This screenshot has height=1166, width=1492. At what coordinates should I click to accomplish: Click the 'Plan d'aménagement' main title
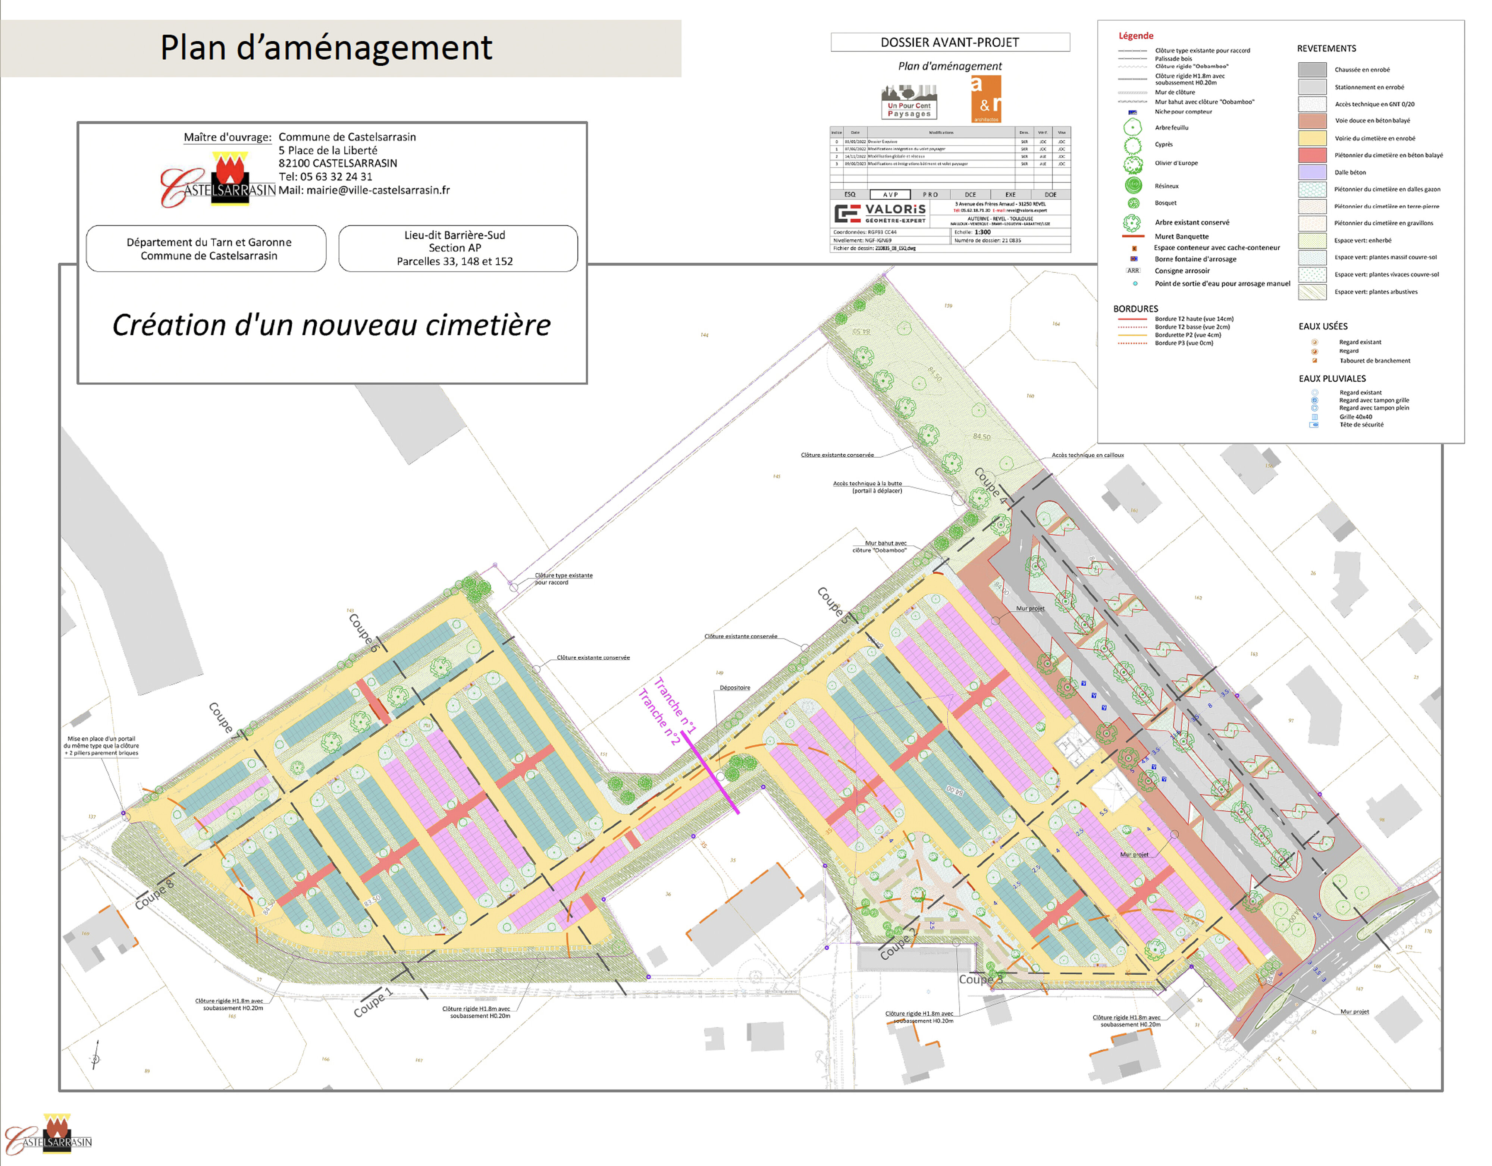[x=326, y=48]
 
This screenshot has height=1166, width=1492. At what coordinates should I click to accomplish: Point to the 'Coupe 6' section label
[x=363, y=632]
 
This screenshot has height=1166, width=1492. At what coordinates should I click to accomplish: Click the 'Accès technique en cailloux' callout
[x=1088, y=455]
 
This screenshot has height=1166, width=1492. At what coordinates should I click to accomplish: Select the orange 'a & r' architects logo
[x=986, y=99]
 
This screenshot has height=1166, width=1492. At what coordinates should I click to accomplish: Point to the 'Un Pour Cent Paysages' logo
[x=909, y=103]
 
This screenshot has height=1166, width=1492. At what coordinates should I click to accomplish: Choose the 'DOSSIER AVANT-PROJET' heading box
[x=950, y=43]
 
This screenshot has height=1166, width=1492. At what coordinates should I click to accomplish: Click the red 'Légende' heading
[x=1135, y=35]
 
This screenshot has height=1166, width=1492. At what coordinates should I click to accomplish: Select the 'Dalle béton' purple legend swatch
[x=1311, y=172]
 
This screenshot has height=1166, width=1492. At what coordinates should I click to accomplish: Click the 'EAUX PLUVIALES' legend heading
[x=1332, y=379]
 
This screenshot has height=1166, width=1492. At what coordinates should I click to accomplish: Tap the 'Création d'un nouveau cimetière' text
[x=331, y=325]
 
